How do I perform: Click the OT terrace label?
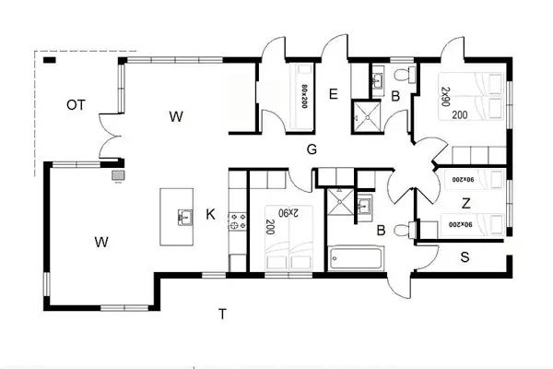pos(76,105)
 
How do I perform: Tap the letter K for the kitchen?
pos(210,215)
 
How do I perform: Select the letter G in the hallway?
pos(312,149)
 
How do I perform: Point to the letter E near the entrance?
pos(333,93)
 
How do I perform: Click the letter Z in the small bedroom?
pos(466,203)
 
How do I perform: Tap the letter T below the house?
pos(221,315)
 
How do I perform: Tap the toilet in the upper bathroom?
pos(400,75)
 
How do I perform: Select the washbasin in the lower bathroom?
pos(363,205)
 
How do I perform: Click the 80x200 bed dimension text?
pos(303,92)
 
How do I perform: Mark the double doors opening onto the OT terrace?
pos(109,138)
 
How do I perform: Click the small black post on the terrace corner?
pos(50,60)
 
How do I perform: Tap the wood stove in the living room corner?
pos(117,173)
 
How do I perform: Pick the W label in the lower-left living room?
pos(100,244)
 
